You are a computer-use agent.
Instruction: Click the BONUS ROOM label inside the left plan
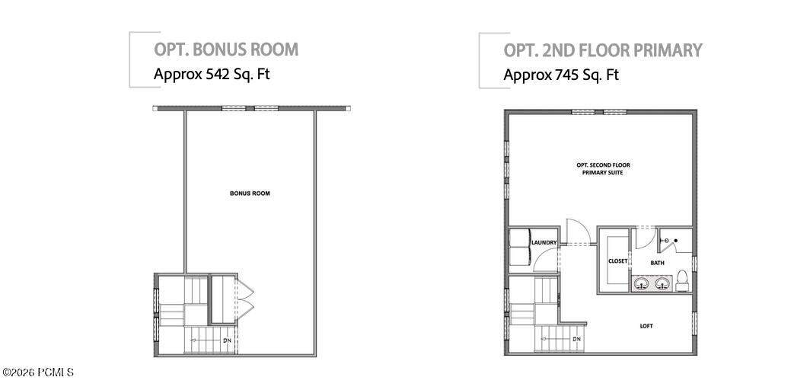point(250,193)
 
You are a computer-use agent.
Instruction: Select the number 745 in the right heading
point(566,75)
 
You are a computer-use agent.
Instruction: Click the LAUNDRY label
point(544,243)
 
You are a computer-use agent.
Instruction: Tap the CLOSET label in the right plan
point(618,261)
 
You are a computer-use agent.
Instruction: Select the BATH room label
point(657,263)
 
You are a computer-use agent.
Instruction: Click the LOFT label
point(646,326)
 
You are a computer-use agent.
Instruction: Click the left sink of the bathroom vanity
point(642,283)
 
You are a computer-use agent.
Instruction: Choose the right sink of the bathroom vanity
point(662,283)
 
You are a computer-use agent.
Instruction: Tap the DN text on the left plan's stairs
point(226,341)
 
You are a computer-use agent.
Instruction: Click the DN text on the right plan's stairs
point(576,340)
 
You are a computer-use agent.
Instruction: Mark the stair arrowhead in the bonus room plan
point(193,340)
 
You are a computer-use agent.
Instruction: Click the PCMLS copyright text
point(39,372)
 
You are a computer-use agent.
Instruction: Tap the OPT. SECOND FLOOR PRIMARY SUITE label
point(603,169)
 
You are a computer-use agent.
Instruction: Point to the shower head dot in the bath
point(676,240)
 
